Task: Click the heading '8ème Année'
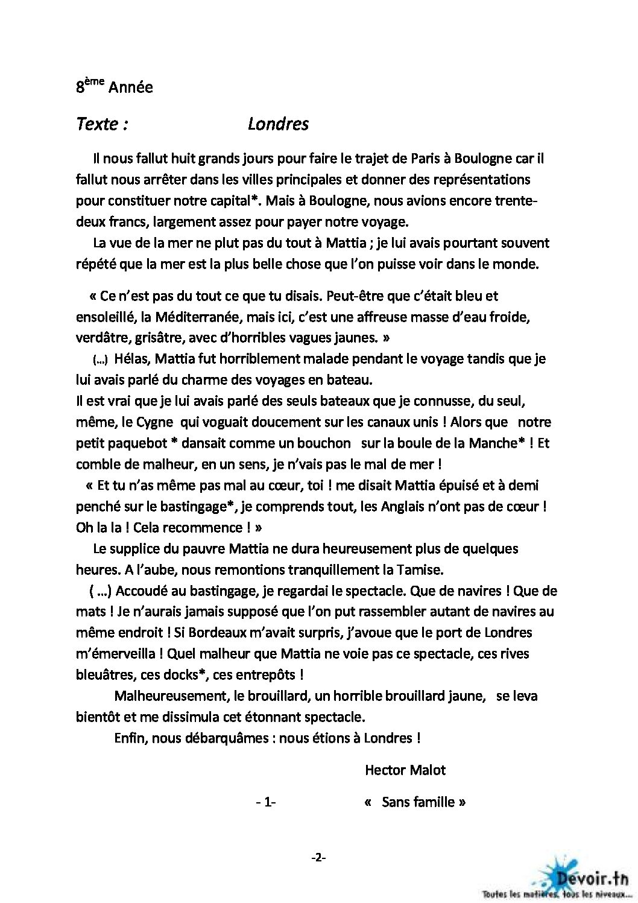(x=114, y=87)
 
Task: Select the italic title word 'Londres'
(x=278, y=124)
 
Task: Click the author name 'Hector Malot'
(x=405, y=770)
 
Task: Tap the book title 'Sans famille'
(x=417, y=802)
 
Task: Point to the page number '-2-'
(x=318, y=858)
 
